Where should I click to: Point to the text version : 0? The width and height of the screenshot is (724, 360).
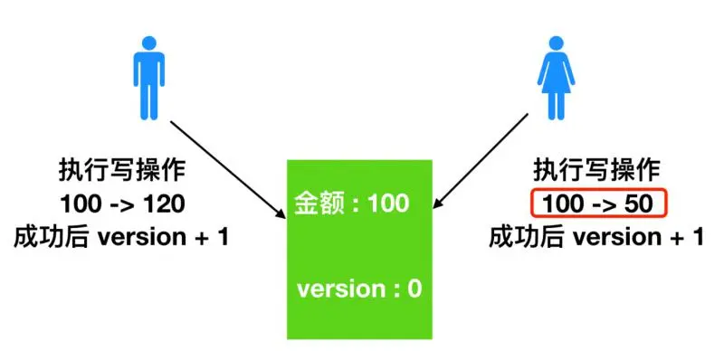point(359,289)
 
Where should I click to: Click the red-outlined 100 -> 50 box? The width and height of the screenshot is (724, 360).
point(599,204)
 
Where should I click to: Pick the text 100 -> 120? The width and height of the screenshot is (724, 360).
point(121,204)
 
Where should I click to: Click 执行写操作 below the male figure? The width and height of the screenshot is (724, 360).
point(121,170)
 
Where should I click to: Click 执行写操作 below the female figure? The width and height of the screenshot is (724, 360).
point(597,170)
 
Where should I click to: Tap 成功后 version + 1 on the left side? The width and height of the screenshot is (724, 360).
point(121,238)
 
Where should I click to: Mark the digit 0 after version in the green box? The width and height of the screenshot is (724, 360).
point(414,289)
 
